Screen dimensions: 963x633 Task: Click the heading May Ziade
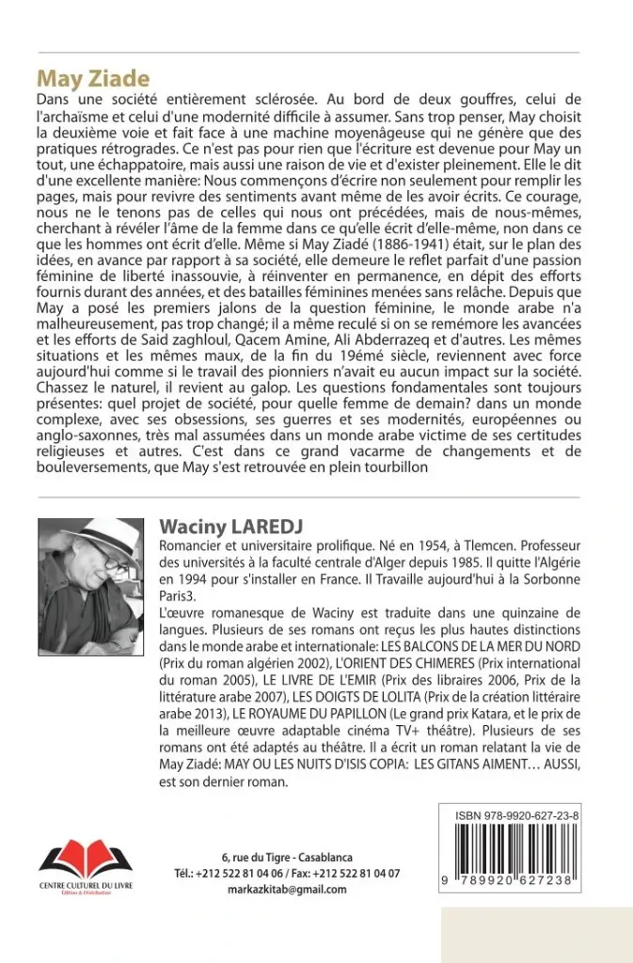coord(93,78)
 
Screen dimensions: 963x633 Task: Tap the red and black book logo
coord(85,859)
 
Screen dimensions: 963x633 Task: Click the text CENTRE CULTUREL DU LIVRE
coord(85,886)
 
